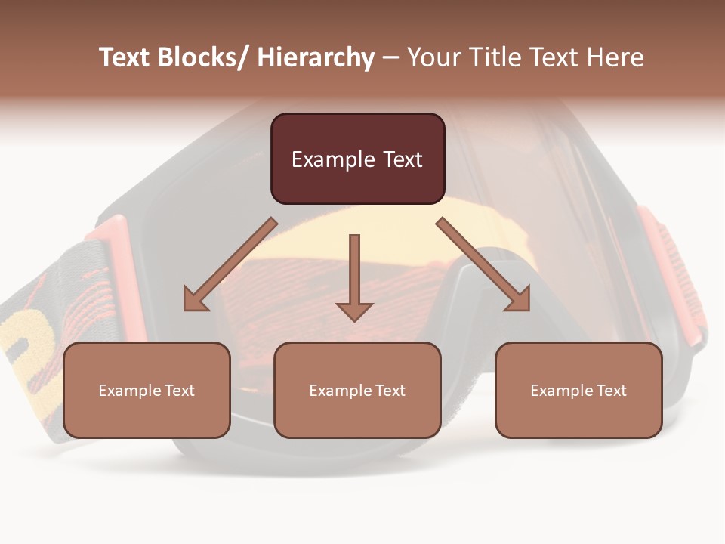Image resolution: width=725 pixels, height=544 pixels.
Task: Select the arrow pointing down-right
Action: click(483, 264)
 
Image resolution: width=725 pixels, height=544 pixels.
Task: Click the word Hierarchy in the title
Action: click(316, 57)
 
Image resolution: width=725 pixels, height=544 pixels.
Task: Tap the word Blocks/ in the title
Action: click(202, 57)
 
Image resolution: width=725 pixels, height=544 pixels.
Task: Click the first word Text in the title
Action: click(125, 57)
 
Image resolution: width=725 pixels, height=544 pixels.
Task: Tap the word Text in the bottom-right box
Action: click(611, 391)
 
